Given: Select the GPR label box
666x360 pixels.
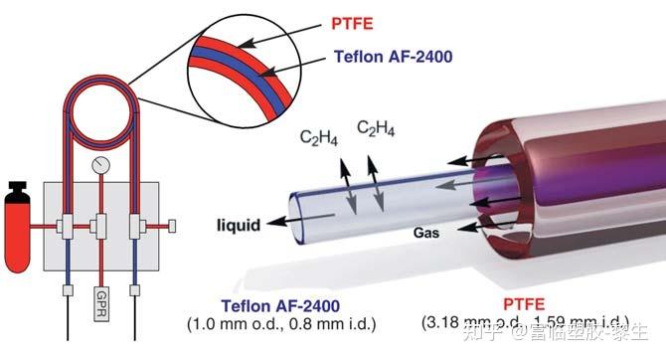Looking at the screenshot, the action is (x=98, y=302).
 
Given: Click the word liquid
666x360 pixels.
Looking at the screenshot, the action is (x=240, y=226).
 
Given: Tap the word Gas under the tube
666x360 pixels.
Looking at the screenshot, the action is (x=428, y=231).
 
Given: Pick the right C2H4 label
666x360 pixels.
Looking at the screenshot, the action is (x=377, y=128).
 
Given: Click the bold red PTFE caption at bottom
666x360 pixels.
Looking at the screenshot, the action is (x=518, y=305).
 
